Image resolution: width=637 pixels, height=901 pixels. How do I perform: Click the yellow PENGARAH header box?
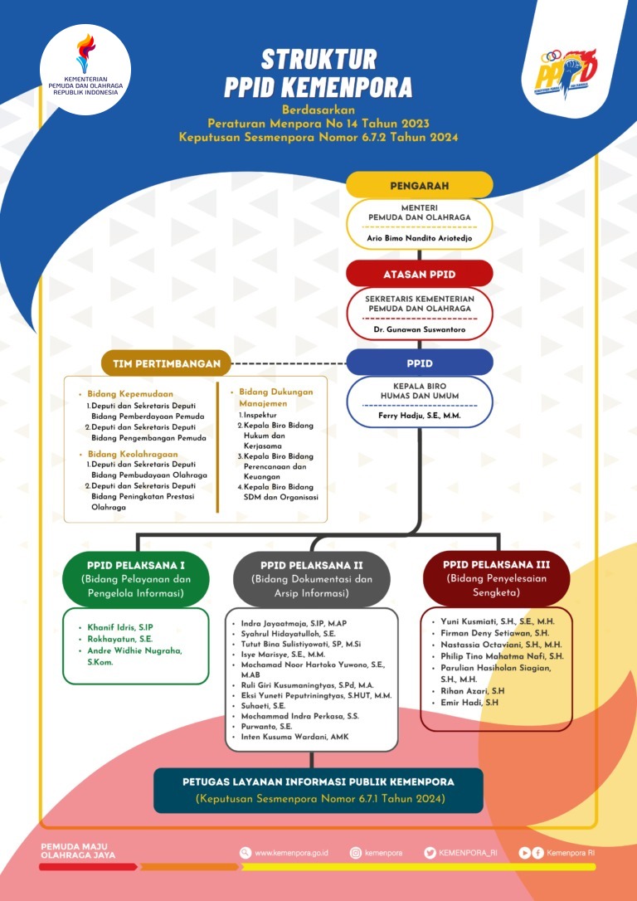[x=420, y=186]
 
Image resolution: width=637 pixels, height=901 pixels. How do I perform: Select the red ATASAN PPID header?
[x=420, y=274]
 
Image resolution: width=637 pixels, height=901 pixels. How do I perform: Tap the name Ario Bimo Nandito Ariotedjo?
[x=420, y=238]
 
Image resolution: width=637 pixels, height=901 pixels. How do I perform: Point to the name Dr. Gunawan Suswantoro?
[x=420, y=330]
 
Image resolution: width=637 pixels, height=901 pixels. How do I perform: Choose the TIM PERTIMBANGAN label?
[x=167, y=363]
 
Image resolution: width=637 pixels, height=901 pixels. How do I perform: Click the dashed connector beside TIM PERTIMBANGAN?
[x=289, y=363]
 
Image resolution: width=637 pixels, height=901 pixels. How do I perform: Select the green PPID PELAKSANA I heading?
[x=135, y=564]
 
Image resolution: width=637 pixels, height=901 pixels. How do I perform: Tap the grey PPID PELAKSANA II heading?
[x=311, y=565]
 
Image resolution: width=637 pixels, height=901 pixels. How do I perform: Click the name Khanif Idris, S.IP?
[x=119, y=626]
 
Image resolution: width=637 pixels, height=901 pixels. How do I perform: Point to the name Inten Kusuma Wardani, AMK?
[x=294, y=737]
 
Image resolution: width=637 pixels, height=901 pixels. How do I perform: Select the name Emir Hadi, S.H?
[x=469, y=702]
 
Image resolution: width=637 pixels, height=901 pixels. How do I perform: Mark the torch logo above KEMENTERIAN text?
[x=85, y=54]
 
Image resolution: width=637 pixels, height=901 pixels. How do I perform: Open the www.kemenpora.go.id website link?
[x=290, y=854]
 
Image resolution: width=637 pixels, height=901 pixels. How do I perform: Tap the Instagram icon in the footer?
[x=356, y=854]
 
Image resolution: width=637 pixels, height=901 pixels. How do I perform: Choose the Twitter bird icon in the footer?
[x=430, y=854]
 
